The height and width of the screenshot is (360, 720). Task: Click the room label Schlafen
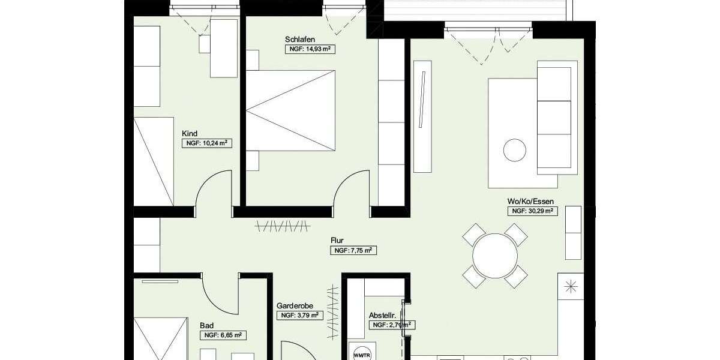click(300, 40)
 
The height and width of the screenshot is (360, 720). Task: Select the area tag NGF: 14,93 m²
click(310, 50)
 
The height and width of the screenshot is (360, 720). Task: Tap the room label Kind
click(190, 134)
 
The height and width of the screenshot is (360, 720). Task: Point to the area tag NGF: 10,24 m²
click(206, 143)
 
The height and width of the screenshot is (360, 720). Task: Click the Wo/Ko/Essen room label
click(530, 202)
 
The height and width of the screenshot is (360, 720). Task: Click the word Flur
click(337, 241)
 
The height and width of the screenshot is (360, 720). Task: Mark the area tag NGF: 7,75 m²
click(353, 250)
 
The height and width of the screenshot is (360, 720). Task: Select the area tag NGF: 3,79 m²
click(299, 315)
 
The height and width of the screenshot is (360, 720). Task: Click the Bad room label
click(206, 325)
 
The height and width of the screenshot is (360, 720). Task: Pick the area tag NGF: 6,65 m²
click(223, 335)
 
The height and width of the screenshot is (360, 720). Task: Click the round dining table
click(495, 256)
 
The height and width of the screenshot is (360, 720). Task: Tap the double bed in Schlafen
click(290, 110)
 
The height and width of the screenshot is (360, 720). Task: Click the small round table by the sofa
click(514, 150)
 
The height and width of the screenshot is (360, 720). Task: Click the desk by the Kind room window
click(224, 48)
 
